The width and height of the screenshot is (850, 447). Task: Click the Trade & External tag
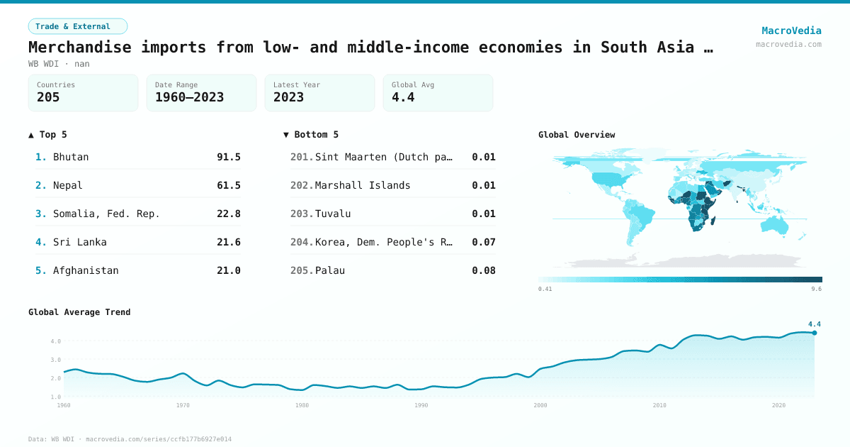(78, 26)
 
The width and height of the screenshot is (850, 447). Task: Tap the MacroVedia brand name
(791, 31)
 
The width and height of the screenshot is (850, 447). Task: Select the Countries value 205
(48, 97)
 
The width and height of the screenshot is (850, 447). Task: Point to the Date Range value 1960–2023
(189, 97)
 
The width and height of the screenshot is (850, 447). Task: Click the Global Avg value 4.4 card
(438, 93)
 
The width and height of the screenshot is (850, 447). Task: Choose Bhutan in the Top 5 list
(71, 157)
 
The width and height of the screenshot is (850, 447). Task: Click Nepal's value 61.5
(228, 185)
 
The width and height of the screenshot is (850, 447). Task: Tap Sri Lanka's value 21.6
(228, 242)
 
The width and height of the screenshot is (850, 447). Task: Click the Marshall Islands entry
(363, 185)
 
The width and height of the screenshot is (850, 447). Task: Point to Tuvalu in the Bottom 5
(333, 214)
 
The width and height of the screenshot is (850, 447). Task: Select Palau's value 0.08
(484, 270)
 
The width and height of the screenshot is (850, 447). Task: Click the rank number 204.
(302, 242)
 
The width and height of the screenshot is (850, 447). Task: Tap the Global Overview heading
(577, 135)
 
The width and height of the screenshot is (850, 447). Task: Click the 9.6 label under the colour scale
(816, 289)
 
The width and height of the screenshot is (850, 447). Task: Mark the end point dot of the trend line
(815, 333)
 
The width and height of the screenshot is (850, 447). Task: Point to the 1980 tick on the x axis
(302, 405)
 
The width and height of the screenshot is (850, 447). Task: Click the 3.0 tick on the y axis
(56, 360)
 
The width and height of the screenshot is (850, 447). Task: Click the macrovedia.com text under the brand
(788, 44)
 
